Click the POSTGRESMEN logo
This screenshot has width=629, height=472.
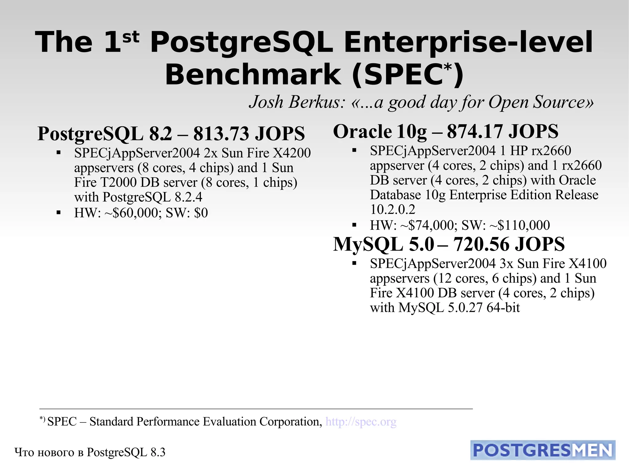point(543,450)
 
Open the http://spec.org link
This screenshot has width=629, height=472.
point(361,422)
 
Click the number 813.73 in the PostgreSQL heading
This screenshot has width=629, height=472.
point(221,134)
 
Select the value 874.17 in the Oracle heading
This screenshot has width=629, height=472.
point(475,132)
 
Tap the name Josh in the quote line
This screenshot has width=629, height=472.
point(266,102)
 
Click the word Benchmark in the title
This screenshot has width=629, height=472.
point(253,75)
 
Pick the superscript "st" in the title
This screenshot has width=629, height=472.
point(131,37)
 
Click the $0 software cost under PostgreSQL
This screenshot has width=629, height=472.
point(201,213)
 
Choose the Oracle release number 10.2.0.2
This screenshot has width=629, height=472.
point(393,210)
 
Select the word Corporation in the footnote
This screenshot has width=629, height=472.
point(291,422)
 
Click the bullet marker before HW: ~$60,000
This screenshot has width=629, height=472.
point(59,213)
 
